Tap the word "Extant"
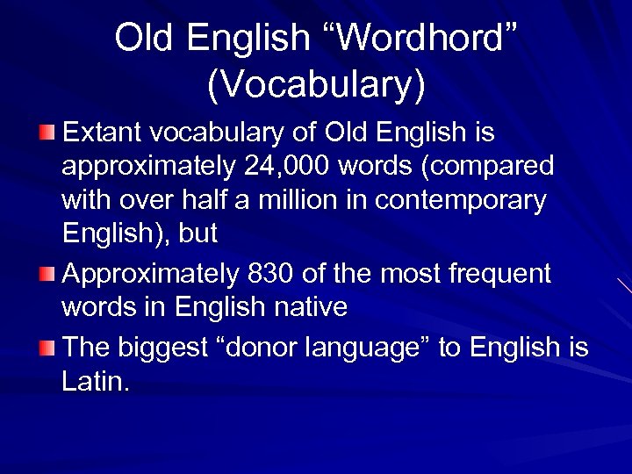coord(105,133)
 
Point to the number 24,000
coord(277,167)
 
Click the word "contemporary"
coord(460,201)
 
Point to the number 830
coord(269,274)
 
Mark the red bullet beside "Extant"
coord(50,133)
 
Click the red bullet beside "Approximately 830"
coord(50,273)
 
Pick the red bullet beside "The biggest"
coord(50,347)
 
